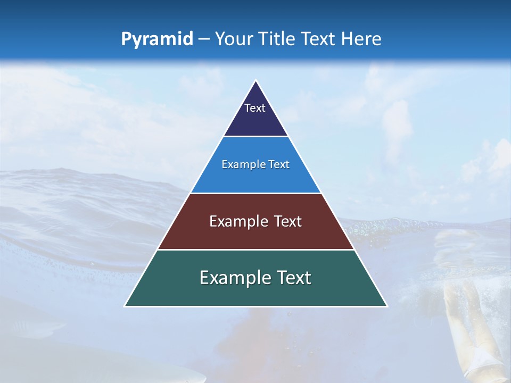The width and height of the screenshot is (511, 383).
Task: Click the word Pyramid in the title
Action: click(x=156, y=39)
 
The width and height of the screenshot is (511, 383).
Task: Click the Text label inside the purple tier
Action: click(x=255, y=108)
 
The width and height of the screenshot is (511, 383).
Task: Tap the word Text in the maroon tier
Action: click(x=288, y=221)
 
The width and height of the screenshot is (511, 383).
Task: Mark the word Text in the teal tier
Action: click(x=293, y=278)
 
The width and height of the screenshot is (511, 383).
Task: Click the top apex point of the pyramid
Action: click(x=256, y=81)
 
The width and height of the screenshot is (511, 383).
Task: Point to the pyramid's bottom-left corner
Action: click(x=125, y=306)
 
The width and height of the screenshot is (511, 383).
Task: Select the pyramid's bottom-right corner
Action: click(x=386, y=306)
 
